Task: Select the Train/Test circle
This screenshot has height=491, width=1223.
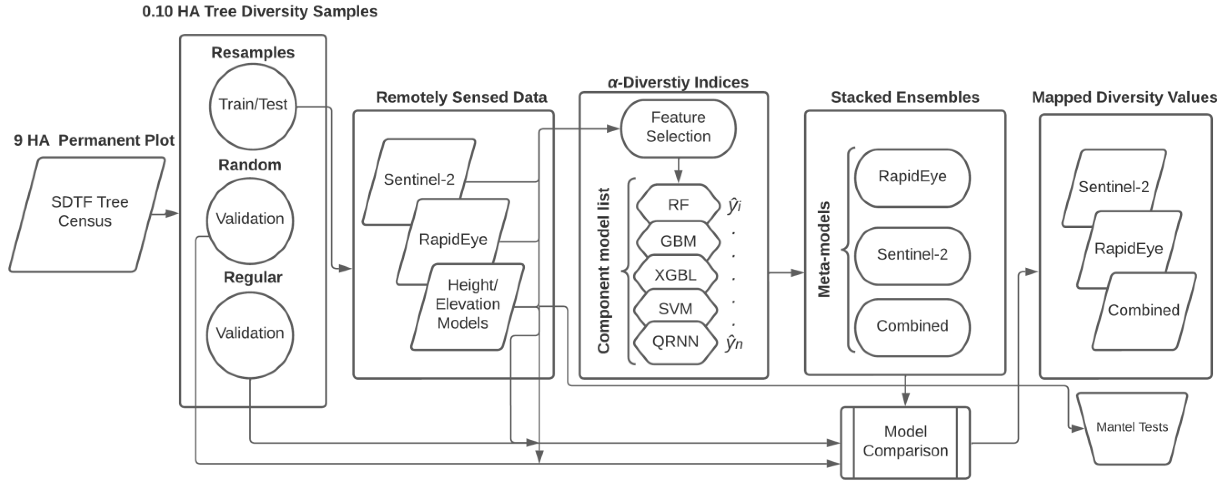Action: [x=253, y=106]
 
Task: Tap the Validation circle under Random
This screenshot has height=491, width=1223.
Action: [x=250, y=219]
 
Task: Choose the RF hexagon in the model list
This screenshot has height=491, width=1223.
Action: [x=678, y=205]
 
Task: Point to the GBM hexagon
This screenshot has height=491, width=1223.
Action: [x=678, y=241]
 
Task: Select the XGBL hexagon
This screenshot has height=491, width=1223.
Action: [x=675, y=275]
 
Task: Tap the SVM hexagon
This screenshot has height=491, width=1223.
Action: [x=675, y=309]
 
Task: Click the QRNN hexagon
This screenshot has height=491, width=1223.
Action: [x=675, y=342]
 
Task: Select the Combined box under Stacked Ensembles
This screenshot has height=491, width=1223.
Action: [x=912, y=326]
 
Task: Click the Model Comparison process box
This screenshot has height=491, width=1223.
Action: [x=905, y=442]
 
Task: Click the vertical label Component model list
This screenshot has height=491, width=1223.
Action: [x=603, y=271]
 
